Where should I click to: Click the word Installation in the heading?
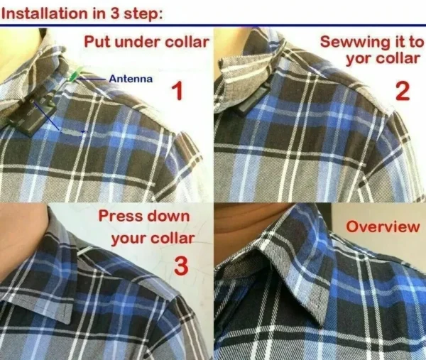45,13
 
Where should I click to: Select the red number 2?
403,92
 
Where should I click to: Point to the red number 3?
181,266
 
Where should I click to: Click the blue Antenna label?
131,79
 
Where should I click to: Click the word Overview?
383,227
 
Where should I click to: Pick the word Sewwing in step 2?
353,43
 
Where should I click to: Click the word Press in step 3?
121,216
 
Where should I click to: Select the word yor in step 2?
359,59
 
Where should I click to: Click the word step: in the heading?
143,14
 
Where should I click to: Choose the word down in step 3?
168,216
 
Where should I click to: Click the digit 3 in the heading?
114,13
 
